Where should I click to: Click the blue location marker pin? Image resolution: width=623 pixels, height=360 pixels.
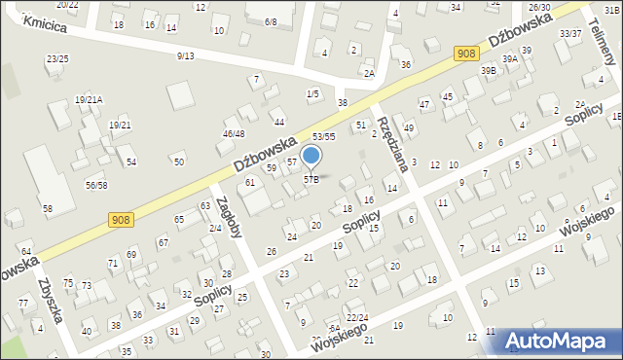(x=311, y=156)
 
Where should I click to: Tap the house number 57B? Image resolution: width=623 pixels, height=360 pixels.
(x=311, y=179)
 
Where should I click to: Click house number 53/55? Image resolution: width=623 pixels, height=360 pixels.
(x=324, y=137)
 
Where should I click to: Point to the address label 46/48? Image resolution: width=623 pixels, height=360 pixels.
(x=234, y=133)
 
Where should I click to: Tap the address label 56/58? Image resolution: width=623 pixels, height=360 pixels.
(x=96, y=185)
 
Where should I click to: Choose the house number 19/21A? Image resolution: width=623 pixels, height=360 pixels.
(x=89, y=99)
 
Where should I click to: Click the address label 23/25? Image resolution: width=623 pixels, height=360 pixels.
(x=57, y=59)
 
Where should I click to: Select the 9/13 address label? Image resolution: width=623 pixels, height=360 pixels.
(x=186, y=55)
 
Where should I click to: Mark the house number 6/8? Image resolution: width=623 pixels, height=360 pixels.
(x=270, y=21)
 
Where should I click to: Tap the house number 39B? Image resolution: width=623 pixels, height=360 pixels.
(x=488, y=70)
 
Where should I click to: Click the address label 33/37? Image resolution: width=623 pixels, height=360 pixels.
(x=570, y=33)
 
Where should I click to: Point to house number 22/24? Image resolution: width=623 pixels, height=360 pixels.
(x=357, y=317)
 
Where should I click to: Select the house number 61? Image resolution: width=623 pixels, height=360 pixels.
(x=250, y=182)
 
